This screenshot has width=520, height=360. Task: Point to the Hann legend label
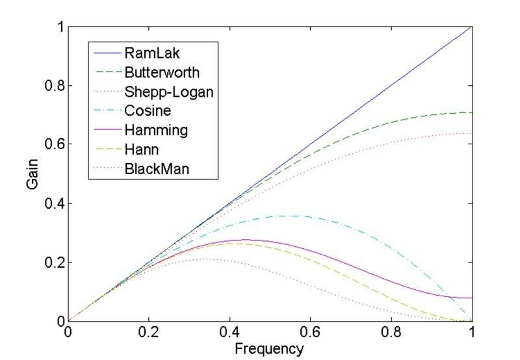point(140,150)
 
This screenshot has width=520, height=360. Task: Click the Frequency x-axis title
point(270,349)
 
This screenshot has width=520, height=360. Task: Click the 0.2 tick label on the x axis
point(149,332)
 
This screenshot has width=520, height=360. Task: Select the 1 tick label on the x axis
point(473,332)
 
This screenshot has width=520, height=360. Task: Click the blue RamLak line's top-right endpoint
point(473,27)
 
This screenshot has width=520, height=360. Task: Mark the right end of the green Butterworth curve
point(473,112)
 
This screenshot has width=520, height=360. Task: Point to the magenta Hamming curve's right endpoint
point(473,298)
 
